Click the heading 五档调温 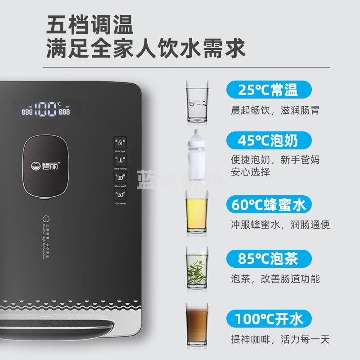tap(90, 26)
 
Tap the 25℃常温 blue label tap(269, 90)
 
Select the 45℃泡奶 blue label tap(269, 141)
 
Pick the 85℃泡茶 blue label tap(269, 259)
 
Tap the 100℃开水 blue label tap(269, 319)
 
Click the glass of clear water tap(198, 102)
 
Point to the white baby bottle tap(197, 155)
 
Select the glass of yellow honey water tap(197, 211)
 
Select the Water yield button tap(120, 177)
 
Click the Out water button tap(120, 195)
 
